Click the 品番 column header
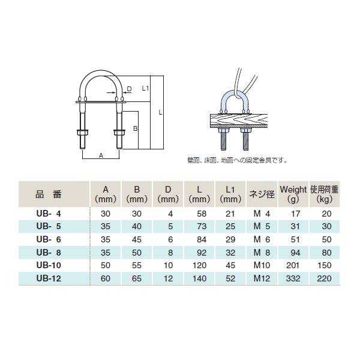(x=48, y=194)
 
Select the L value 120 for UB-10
(x=200, y=266)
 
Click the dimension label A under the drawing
(x=100, y=155)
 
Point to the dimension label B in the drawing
(x=136, y=128)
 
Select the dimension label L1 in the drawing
(x=145, y=88)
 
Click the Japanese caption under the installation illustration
(x=238, y=160)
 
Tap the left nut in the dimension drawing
(x=82, y=133)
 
